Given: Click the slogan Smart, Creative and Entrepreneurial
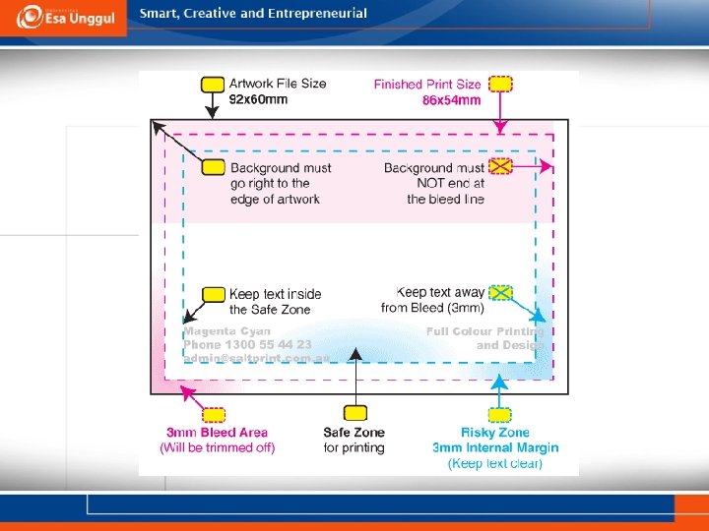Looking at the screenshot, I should click(x=253, y=14).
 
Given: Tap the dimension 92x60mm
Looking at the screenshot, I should click(x=258, y=99).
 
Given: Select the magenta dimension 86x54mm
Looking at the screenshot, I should click(x=451, y=100).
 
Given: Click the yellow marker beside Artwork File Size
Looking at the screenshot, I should click(x=213, y=84).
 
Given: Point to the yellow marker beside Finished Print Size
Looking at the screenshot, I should click(x=501, y=84).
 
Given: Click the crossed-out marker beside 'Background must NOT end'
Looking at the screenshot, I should click(x=501, y=166).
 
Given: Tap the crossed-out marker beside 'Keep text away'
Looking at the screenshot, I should click(x=501, y=292).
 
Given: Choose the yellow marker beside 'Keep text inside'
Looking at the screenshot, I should click(x=213, y=294).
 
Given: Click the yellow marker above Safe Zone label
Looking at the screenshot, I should click(x=354, y=413).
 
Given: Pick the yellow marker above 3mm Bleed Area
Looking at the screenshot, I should click(x=213, y=415).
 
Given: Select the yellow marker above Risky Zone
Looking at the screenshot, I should click(x=500, y=415).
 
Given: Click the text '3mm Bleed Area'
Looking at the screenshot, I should click(x=217, y=433).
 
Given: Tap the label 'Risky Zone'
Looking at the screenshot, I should click(x=494, y=433).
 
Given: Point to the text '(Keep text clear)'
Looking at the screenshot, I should click(x=494, y=463).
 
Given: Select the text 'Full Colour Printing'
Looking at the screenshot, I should click(x=484, y=332).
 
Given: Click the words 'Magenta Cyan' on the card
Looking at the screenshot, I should click(x=226, y=331).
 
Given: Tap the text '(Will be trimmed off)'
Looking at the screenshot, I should click(x=217, y=448).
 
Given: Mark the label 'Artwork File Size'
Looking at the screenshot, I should click(x=277, y=84).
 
